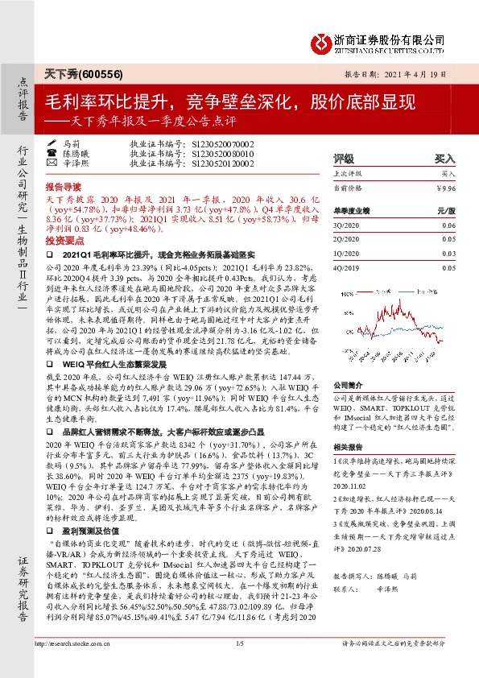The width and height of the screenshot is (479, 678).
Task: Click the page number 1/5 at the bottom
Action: click(x=239, y=665)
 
